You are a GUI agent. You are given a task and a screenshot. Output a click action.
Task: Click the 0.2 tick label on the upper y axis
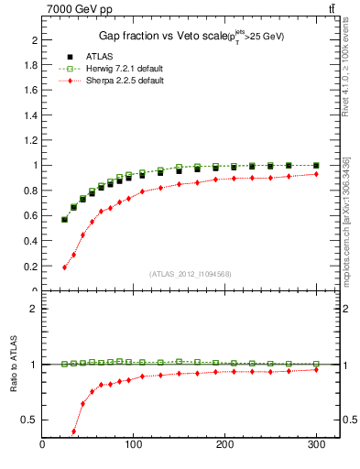[x=30, y=266]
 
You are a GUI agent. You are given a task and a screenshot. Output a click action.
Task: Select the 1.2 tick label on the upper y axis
[x=30, y=141]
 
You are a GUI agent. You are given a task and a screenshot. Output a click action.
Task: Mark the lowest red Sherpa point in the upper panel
[x=64, y=267]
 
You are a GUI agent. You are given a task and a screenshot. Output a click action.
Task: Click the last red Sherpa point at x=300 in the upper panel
[x=315, y=174]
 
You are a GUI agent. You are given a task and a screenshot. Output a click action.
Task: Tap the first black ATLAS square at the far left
[x=64, y=220]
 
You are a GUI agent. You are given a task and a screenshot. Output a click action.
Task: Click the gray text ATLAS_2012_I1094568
[x=190, y=274]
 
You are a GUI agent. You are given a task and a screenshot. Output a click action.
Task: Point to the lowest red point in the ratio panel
[x=73, y=431]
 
